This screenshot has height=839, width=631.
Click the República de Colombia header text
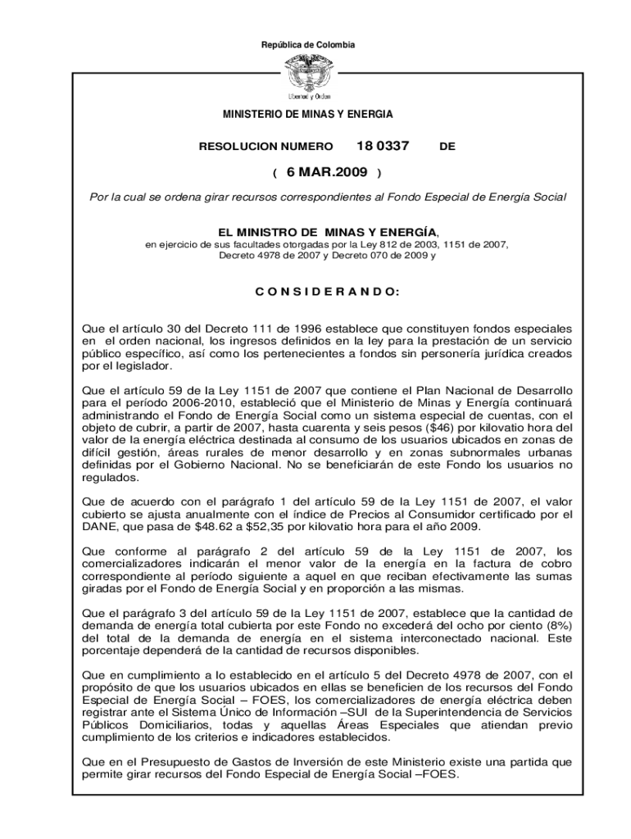point(315,44)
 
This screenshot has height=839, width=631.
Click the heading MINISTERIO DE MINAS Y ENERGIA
point(315,114)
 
